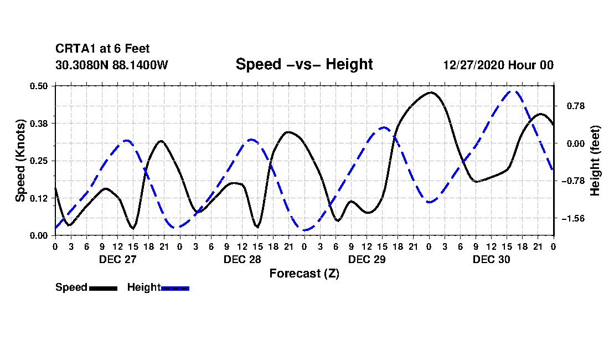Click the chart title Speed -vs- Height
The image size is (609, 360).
click(304, 64)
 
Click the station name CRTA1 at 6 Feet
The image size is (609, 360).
click(102, 49)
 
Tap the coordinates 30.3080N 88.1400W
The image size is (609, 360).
click(112, 65)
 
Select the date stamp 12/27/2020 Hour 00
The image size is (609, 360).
click(498, 65)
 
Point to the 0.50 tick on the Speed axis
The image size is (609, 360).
click(38, 86)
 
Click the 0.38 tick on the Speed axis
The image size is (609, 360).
click(38, 124)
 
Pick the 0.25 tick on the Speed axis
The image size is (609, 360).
click(38, 161)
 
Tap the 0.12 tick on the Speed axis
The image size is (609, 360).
click(38, 198)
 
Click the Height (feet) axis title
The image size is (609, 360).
click(595, 161)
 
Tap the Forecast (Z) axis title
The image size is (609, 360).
click(304, 274)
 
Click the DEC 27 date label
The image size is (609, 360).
click(118, 259)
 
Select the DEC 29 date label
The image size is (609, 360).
click(367, 259)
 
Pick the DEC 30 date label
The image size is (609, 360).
click(491, 259)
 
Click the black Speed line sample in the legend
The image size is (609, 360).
click(104, 288)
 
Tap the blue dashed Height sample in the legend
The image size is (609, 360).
click(175, 288)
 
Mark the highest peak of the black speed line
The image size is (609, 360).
click(430, 92)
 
